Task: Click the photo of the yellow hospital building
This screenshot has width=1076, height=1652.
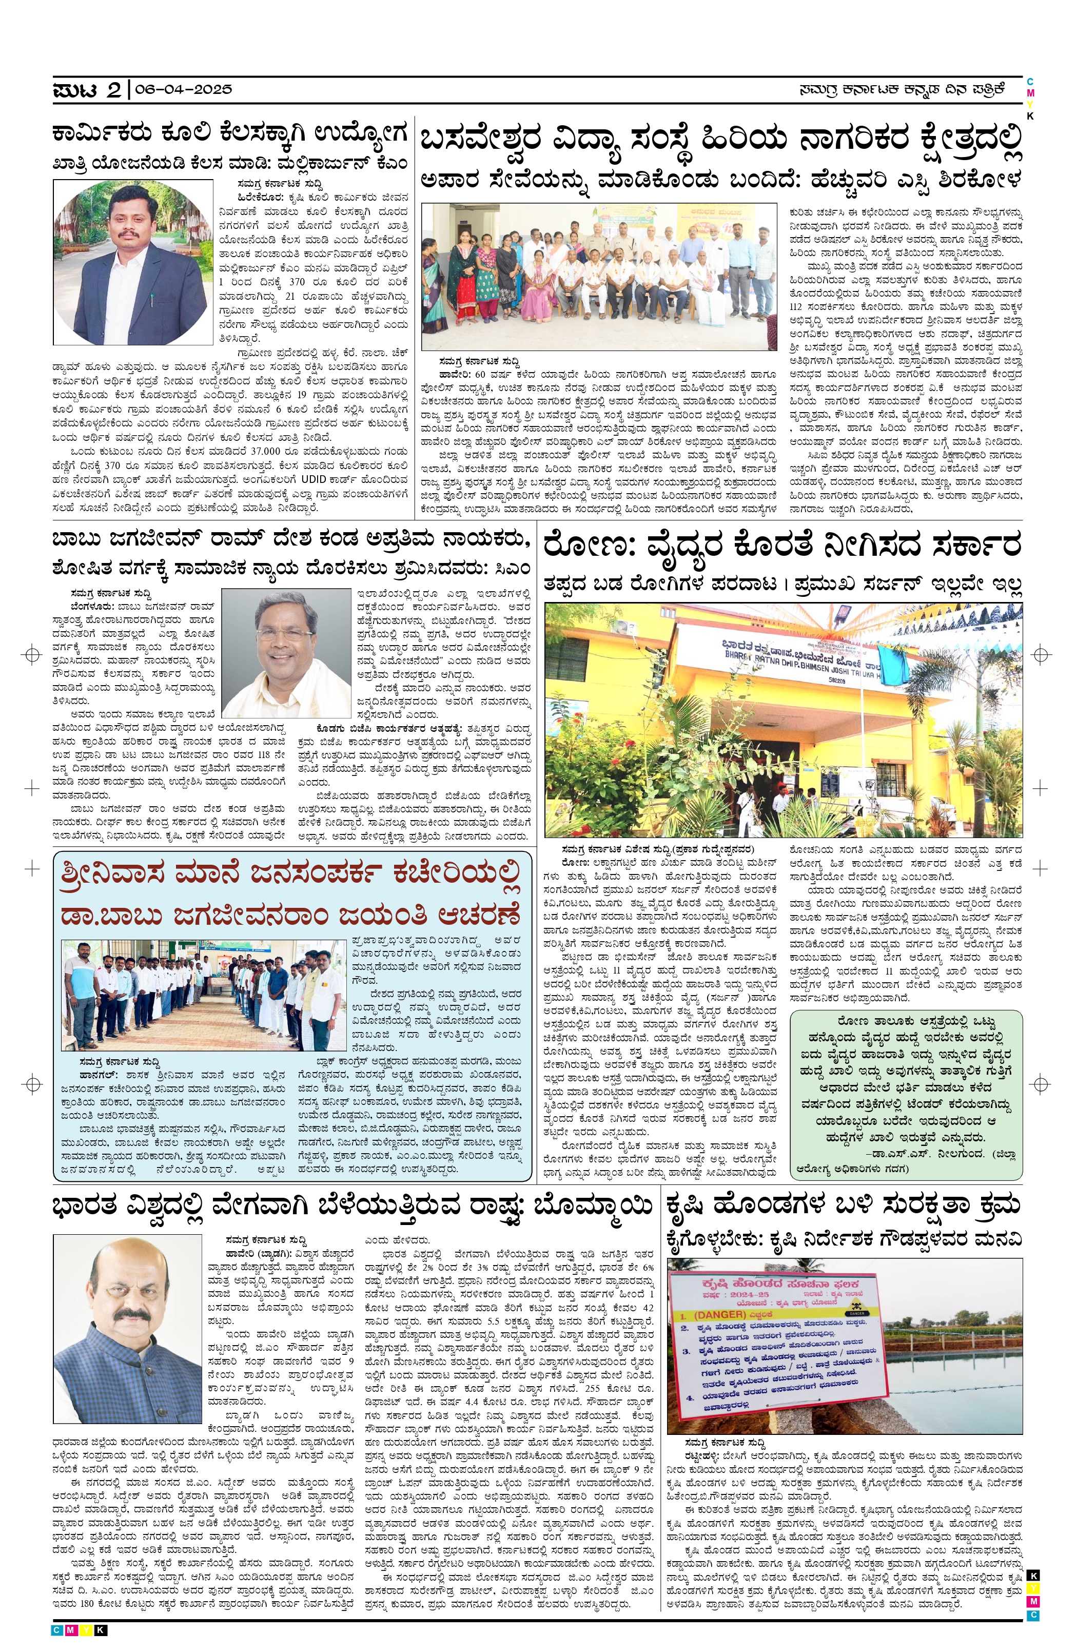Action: click(x=782, y=718)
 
